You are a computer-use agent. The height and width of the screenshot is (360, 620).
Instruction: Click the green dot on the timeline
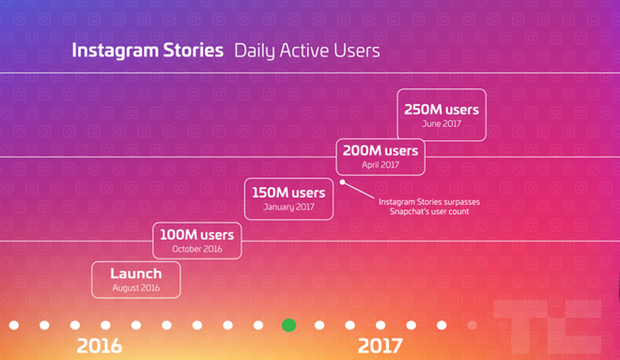coord(289,325)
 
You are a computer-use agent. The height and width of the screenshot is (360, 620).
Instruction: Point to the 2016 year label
coord(99,346)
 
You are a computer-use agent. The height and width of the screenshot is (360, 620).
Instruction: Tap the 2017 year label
coord(380,346)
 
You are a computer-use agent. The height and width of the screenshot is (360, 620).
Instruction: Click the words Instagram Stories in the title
coord(148,51)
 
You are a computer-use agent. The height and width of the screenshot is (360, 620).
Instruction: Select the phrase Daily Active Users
coord(307,51)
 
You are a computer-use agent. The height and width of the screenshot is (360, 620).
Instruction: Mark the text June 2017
coord(441,124)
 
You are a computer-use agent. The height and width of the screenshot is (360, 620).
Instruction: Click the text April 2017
coord(381,165)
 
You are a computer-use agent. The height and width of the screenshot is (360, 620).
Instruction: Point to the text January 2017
coord(289,207)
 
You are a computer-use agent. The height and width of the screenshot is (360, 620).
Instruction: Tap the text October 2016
coord(197,249)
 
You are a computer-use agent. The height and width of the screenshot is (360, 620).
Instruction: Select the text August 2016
coord(136,288)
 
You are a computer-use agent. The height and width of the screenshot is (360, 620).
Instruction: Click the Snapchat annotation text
coord(429,207)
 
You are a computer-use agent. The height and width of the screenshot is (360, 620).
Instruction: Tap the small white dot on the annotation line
coord(343,182)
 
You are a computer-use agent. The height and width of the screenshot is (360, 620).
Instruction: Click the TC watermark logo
coord(547,326)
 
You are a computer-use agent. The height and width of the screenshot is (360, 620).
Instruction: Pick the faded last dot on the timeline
coord(471,325)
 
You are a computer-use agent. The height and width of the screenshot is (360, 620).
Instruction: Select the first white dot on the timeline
coord(14,325)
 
